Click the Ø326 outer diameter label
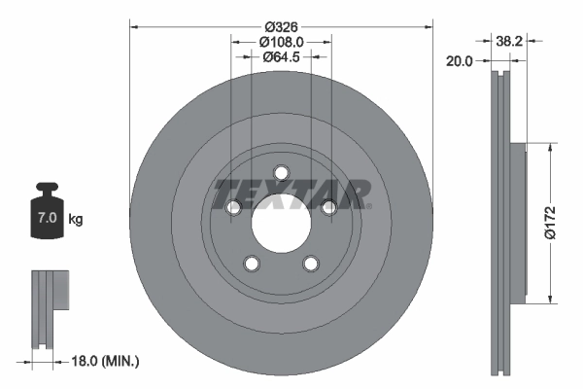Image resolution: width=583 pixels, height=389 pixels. point(281,26)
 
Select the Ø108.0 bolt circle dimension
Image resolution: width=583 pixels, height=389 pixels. point(281,42)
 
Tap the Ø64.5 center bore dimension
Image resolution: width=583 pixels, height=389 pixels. point(281,57)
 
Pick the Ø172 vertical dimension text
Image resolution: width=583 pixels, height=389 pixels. point(549,222)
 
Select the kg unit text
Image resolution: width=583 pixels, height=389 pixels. point(76,220)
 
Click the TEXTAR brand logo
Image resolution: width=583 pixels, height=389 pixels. point(291,193)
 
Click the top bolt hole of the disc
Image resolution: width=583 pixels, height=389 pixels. point(282,173)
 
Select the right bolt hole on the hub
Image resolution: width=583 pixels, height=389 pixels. point(328,207)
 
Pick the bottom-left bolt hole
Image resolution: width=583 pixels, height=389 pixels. point(252,264)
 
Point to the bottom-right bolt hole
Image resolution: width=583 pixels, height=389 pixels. point(311,264)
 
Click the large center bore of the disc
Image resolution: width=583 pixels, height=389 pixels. point(281,223)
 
